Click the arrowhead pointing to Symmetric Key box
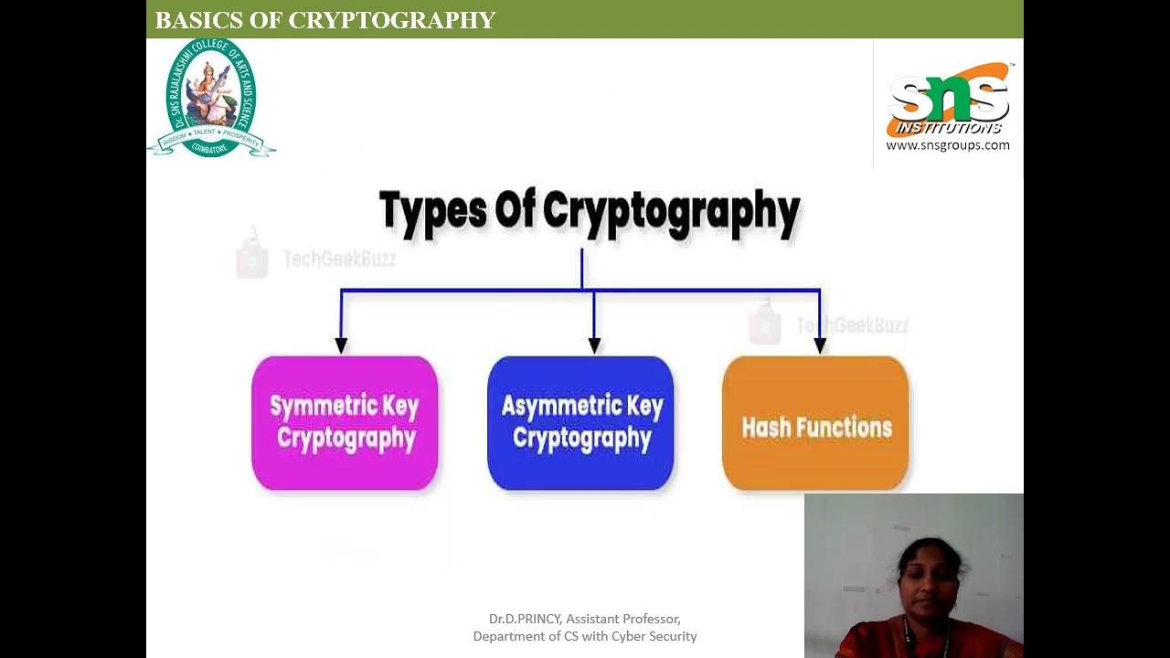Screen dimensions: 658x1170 click(x=341, y=345)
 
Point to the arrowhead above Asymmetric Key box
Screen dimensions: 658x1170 click(x=594, y=345)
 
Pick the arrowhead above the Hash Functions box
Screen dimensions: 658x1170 click(x=820, y=345)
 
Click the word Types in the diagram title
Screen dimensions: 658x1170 click(x=432, y=211)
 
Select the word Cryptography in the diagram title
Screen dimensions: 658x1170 click(x=672, y=211)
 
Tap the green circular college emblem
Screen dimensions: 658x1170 click(x=211, y=98)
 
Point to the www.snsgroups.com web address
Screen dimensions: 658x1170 click(x=948, y=145)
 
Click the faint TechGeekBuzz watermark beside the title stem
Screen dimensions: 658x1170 click(x=338, y=260)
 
